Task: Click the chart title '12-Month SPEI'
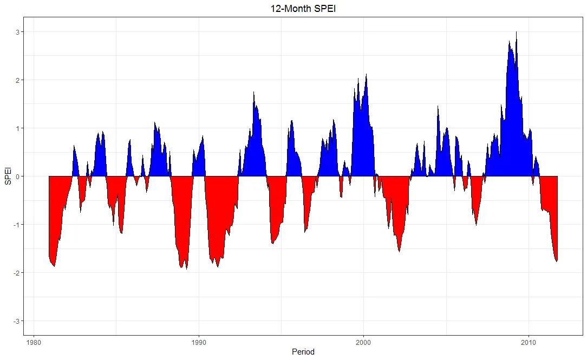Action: (x=293, y=9)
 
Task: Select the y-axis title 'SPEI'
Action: (x=8, y=176)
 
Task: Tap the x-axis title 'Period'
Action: (x=303, y=352)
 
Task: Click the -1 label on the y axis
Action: (x=16, y=225)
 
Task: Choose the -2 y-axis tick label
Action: (x=16, y=273)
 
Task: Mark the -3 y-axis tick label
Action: (x=16, y=321)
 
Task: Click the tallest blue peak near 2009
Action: (x=516, y=34)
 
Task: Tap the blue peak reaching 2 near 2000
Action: (x=367, y=76)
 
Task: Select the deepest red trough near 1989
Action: (x=186, y=267)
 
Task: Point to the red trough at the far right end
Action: (x=556, y=260)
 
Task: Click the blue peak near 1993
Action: (x=253, y=94)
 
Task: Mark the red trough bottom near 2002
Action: (x=400, y=251)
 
